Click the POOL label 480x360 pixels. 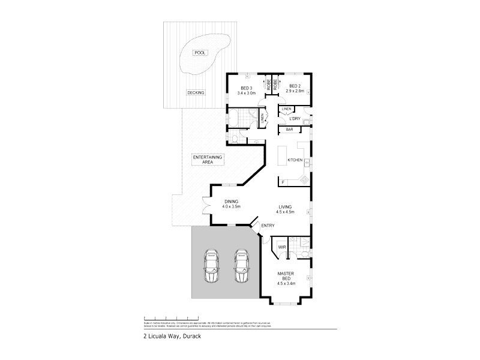click(199, 53)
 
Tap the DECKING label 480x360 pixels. click(196, 93)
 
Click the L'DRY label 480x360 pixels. click(295, 118)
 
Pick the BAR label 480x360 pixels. click(289, 130)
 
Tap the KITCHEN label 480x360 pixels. click(295, 160)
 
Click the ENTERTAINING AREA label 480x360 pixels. click(208, 160)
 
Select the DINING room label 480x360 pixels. click(232, 202)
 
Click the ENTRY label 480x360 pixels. click(268, 225)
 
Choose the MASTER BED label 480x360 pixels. click(285, 277)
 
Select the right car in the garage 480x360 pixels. click(241, 265)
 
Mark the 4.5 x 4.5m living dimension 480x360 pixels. click(285, 212)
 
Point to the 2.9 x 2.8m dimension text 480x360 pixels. click(296, 91)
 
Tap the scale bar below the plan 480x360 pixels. click(172, 318)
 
